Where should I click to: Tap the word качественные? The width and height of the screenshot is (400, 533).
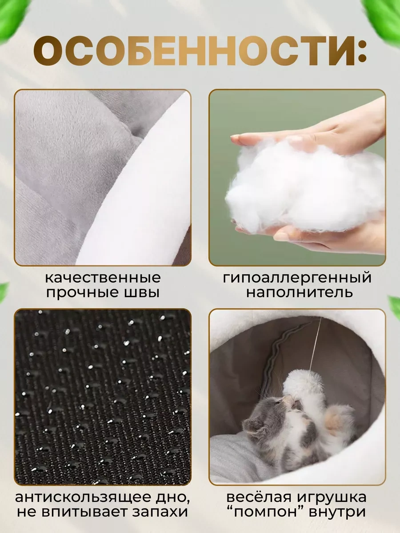pos(103,278)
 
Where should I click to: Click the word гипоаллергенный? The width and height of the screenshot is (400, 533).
pos(297,278)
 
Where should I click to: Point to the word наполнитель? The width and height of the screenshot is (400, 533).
pos(300,293)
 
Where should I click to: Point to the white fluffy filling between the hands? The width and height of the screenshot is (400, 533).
pos(302,187)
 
